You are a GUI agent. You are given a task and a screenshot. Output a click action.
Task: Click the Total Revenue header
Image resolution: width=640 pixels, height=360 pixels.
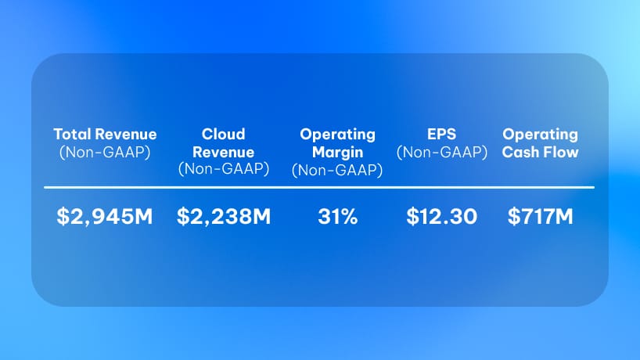coord(105,135)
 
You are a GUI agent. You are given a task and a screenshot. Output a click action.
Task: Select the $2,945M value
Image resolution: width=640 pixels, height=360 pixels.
coord(105,216)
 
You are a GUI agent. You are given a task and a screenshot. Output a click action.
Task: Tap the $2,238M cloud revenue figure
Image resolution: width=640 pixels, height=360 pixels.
coord(224,216)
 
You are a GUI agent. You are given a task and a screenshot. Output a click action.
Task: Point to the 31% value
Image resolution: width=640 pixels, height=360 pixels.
coord(338,216)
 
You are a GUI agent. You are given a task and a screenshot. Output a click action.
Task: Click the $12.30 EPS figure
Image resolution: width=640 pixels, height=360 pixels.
coord(441,216)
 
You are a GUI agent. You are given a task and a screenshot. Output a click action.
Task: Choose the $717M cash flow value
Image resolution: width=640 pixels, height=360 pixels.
coord(541,216)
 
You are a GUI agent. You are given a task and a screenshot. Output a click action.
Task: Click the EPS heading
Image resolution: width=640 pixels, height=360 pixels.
coord(441,135)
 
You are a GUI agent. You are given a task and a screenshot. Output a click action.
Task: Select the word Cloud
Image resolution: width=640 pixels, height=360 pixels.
coord(223,135)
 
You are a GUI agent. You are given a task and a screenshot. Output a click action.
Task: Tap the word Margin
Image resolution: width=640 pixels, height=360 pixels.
coord(337,153)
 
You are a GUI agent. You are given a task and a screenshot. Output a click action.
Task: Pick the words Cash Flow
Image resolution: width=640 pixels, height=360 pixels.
coord(541,153)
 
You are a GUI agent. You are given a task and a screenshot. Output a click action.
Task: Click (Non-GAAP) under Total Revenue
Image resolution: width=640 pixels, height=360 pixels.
coord(105,153)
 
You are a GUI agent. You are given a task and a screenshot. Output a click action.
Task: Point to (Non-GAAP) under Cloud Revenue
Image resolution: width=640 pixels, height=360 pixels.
coord(224,169)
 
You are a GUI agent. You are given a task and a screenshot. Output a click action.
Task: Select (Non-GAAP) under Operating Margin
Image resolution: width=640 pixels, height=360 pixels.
coord(337,170)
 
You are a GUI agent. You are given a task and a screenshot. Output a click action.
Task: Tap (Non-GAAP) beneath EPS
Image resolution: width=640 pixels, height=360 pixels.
coord(442,153)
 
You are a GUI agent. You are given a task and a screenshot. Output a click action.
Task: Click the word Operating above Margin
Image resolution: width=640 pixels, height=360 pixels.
coord(337,135)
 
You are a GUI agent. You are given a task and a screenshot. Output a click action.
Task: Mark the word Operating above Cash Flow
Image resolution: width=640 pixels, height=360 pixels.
coord(541,135)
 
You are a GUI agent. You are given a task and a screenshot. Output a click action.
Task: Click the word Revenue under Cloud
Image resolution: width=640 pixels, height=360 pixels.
coord(223,153)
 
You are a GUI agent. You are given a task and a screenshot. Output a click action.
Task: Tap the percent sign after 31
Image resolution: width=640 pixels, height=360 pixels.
coord(349,216)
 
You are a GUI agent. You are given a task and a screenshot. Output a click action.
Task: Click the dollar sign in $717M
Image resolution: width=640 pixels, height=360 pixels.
coord(513,216)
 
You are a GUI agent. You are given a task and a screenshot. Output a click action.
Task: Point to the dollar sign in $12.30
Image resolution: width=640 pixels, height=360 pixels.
coord(412,216)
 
